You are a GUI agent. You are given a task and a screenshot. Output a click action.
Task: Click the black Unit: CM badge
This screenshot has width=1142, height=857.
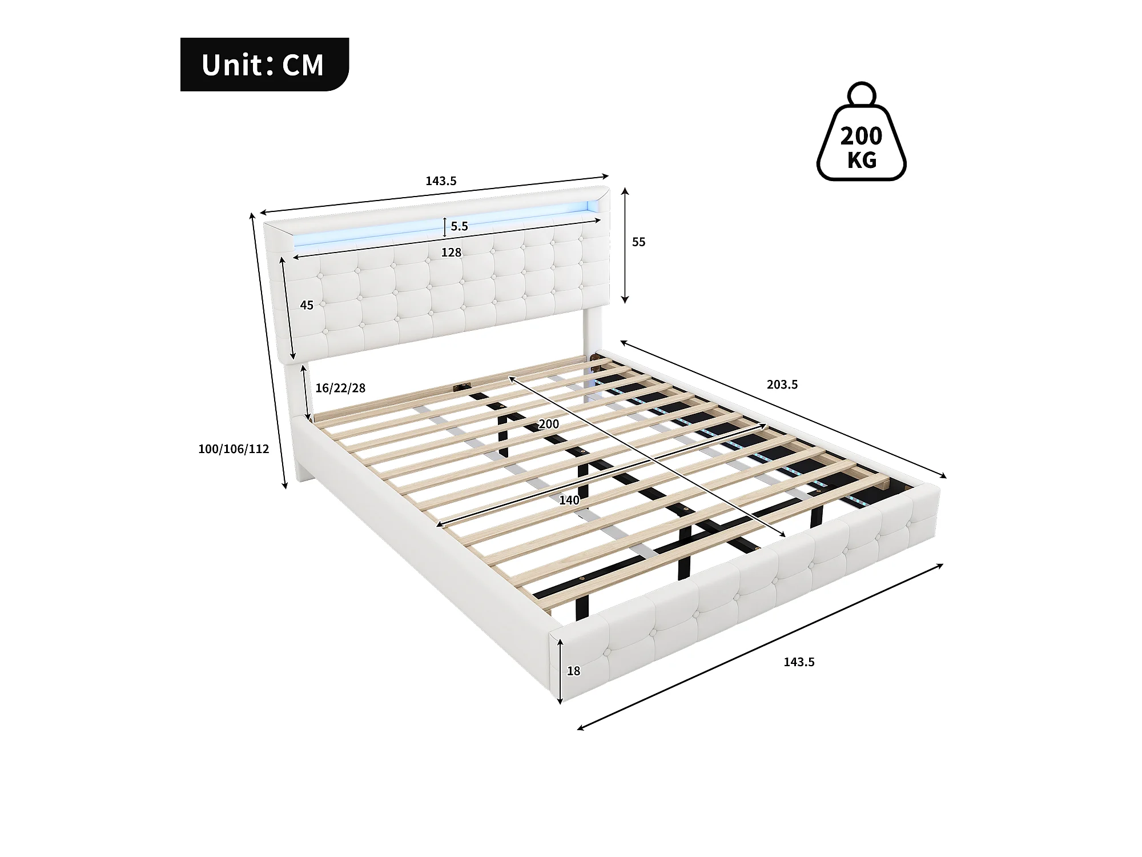tap(264, 65)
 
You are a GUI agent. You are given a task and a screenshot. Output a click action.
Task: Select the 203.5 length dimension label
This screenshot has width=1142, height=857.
tap(782, 385)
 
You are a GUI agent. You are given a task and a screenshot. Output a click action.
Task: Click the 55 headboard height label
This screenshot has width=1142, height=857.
tap(638, 242)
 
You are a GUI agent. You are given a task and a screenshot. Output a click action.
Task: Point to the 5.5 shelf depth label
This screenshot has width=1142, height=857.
tap(459, 226)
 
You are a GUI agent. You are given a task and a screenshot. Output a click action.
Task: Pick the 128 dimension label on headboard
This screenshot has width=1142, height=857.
tap(451, 253)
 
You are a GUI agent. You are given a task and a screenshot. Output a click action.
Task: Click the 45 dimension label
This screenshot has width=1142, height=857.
tap(307, 306)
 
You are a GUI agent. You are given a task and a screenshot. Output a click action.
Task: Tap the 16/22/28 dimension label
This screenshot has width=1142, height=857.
tap(340, 389)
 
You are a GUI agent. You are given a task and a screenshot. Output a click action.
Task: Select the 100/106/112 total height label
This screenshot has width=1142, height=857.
tap(234, 449)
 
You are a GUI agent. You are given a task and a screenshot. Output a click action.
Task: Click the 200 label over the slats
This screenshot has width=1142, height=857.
tap(549, 424)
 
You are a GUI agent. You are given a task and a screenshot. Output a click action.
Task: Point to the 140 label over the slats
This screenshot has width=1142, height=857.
tap(569, 500)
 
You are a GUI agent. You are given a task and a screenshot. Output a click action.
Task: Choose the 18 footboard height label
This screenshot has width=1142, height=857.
tap(573, 671)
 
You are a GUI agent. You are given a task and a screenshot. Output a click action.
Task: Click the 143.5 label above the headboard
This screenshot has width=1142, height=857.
tap(441, 181)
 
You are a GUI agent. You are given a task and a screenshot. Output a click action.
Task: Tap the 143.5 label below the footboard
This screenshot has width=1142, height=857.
tap(799, 662)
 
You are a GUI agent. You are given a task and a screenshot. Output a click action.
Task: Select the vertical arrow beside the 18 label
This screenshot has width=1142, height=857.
tap(561, 671)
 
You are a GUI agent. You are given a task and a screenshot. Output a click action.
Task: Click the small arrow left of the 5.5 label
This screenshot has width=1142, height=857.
tap(445, 227)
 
